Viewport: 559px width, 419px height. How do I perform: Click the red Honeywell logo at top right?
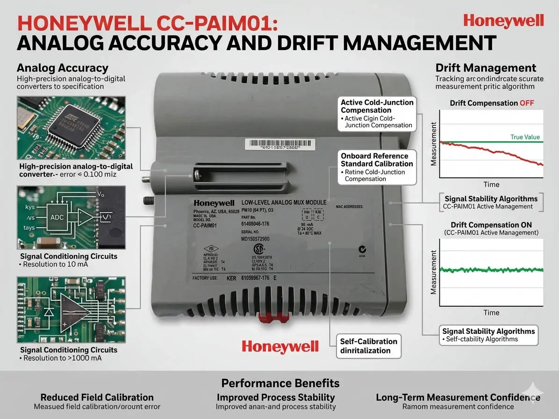pyautogui.click(x=503, y=21)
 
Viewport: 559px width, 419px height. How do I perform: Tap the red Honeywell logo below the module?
pyautogui.click(x=280, y=347)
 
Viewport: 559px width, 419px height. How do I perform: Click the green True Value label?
pyautogui.click(x=524, y=137)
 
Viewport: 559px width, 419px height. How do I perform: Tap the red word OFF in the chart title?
pyautogui.click(x=526, y=103)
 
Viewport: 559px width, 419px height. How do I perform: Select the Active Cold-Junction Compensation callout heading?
pyautogui.click(x=377, y=106)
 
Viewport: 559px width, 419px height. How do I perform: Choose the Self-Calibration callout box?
pyautogui.click(x=368, y=346)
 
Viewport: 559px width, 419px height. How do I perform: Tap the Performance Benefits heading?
pyautogui.click(x=280, y=383)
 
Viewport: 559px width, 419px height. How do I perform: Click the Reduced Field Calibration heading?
pyautogui.click(x=97, y=397)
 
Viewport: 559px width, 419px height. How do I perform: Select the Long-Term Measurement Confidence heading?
pyautogui.click(x=458, y=397)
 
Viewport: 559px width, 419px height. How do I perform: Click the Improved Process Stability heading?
pyautogui.click(x=276, y=397)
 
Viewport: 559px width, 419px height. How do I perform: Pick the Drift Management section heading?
pyautogui.click(x=486, y=68)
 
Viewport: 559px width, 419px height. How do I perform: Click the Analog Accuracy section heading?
pyautogui.click(x=62, y=68)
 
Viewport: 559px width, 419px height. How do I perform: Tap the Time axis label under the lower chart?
pyautogui.click(x=491, y=312)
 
